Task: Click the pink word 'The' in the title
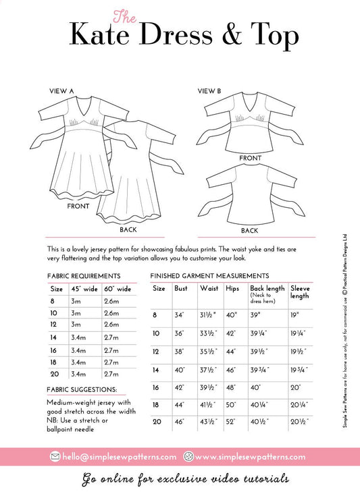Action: click(125, 17)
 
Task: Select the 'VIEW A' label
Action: click(61, 91)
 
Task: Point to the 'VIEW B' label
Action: click(209, 91)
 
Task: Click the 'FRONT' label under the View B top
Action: click(250, 158)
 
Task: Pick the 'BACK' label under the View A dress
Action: click(128, 229)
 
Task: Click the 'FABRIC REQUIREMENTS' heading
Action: click(84, 276)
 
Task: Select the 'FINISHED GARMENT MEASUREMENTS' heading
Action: click(209, 276)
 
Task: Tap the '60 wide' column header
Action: click(118, 289)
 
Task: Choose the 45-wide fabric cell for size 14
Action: click(78, 337)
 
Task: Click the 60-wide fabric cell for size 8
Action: click(111, 301)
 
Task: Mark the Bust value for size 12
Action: click(180, 352)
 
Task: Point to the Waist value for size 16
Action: click(208, 387)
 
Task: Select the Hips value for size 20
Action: click(231, 422)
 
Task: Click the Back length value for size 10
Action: click(259, 333)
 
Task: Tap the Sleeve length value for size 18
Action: click(299, 405)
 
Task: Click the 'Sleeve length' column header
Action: click(300, 291)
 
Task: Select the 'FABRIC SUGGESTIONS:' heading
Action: click(82, 389)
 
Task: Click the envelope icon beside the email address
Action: click(55, 457)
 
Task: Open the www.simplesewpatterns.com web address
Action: click(250, 457)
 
